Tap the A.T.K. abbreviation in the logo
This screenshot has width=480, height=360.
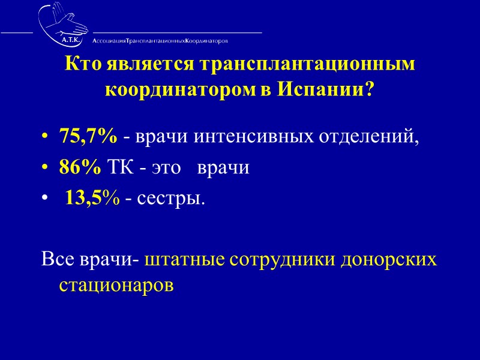[x=71, y=39]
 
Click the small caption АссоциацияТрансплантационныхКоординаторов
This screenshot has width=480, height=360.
[x=160, y=41]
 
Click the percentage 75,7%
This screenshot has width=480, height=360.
[x=88, y=136]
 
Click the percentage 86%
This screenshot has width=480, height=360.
[x=80, y=167]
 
